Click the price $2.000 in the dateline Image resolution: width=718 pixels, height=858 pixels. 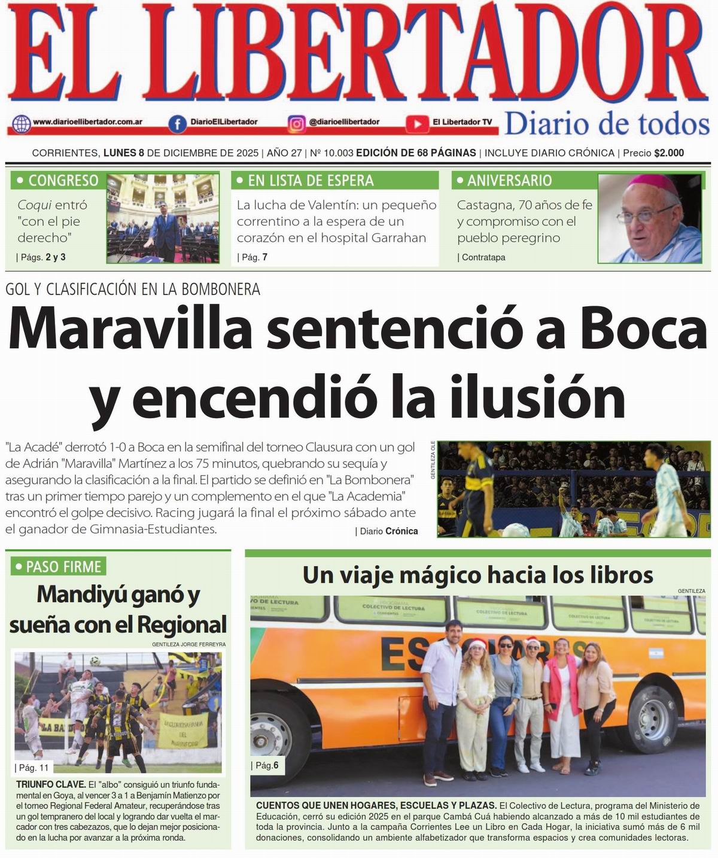point(669,153)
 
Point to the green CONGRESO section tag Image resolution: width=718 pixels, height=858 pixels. point(57,180)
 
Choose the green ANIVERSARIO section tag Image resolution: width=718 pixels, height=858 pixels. point(502,180)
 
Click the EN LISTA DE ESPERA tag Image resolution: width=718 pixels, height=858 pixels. point(304,180)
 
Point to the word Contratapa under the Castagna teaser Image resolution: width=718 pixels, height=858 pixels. point(483,257)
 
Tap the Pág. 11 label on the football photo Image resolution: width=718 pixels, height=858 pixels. point(34,768)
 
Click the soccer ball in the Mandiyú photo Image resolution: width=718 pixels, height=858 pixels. point(95,660)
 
